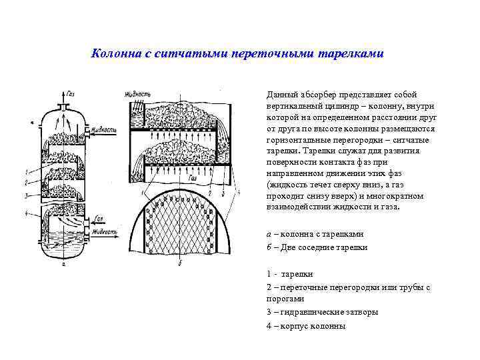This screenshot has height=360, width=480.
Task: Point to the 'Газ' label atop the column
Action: [71, 96]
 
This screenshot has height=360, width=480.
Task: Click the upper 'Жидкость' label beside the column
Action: [105, 129]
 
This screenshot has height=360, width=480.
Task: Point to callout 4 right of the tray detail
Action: [239, 192]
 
